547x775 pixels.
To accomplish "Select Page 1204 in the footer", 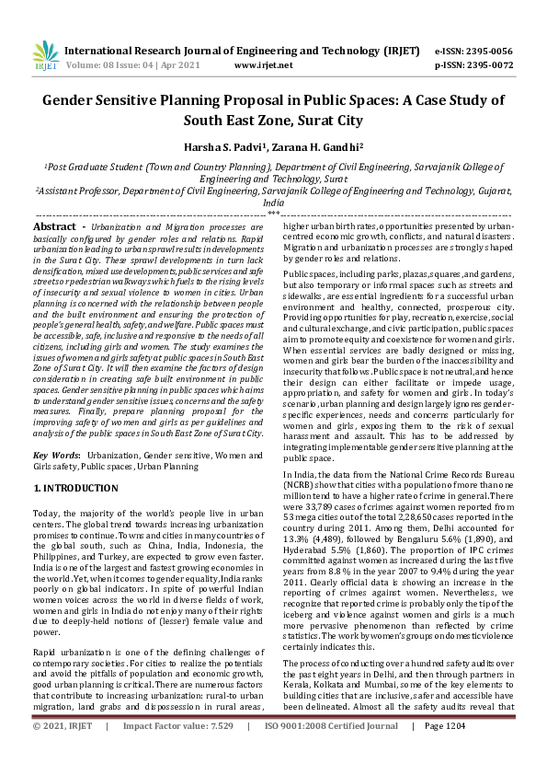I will coord(446,752).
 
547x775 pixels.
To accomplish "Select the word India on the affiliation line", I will coord(273,202).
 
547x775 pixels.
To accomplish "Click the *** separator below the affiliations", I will coord(273,213).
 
